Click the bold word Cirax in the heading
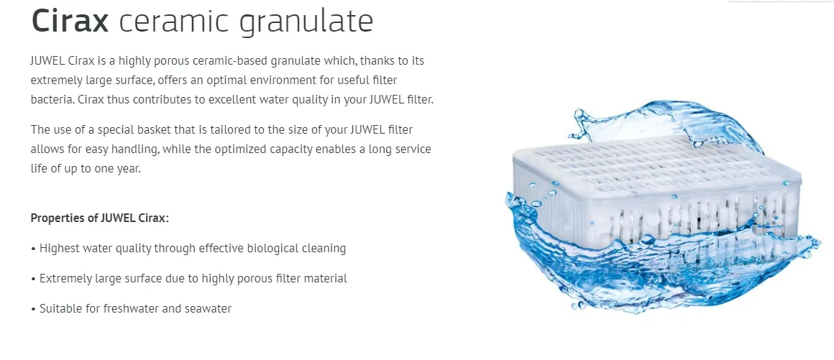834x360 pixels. [70, 21]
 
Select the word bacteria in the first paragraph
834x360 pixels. [51, 100]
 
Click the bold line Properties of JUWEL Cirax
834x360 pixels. [100, 218]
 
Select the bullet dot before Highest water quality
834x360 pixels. [33, 249]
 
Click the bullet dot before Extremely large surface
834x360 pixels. [33, 279]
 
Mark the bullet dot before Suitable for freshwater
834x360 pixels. [33, 309]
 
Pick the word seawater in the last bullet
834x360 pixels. [208, 309]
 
